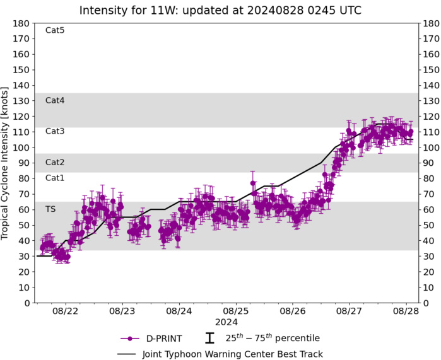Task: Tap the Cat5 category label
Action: click(x=55, y=30)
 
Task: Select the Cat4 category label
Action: click(x=55, y=100)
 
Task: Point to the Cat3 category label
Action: click(x=55, y=131)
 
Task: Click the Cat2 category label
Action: click(x=55, y=162)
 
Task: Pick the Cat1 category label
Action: click(x=55, y=178)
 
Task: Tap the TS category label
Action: click(x=50, y=209)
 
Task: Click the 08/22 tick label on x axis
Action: click(x=65, y=311)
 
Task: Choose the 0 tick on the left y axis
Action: click(x=26, y=303)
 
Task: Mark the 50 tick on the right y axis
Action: click(x=430, y=225)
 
